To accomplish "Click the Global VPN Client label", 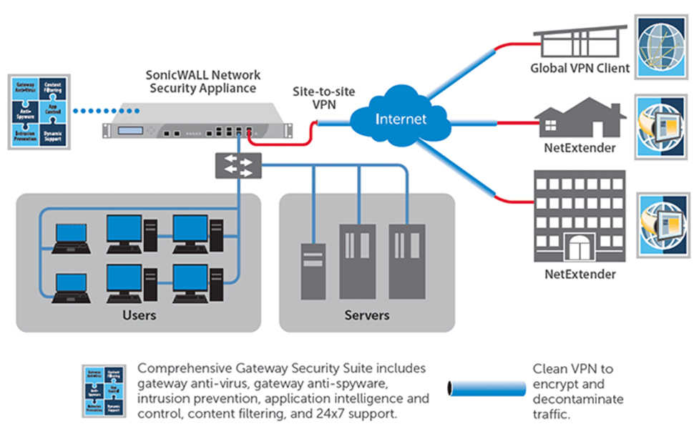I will pyautogui.click(x=580, y=69).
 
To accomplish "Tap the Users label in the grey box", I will pyautogui.click(x=140, y=315).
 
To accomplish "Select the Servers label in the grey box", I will pyautogui.click(x=367, y=315).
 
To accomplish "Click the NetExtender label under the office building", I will pyautogui.click(x=580, y=274).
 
